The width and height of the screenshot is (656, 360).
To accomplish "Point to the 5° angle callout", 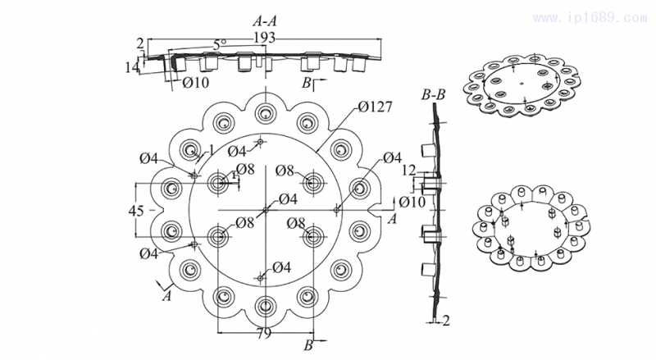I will pyautogui.click(x=219, y=43).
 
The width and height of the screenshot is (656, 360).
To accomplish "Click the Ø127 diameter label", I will pyautogui.click(x=373, y=106).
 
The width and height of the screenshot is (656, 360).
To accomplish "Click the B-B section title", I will pyautogui.click(x=433, y=96).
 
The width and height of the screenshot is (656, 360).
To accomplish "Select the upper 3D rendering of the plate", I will pyautogui.click(x=522, y=85).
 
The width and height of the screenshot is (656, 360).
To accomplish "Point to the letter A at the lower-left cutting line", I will pyautogui.click(x=167, y=296).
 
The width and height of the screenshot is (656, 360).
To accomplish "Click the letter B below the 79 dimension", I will pyautogui.click(x=307, y=344).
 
